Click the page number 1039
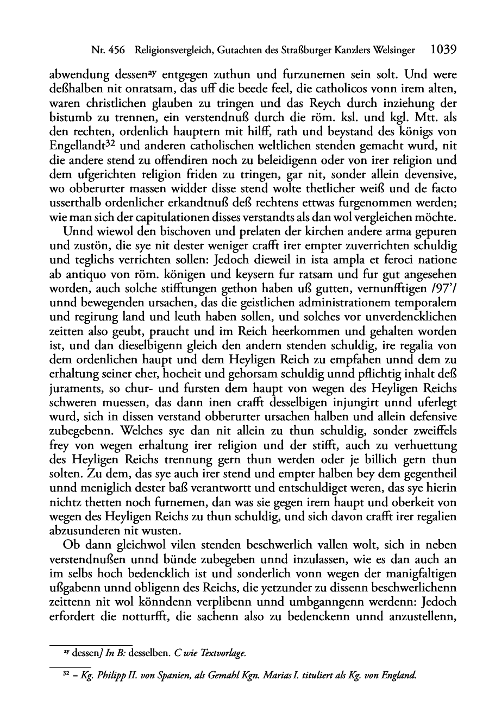441,50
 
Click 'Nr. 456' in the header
108,51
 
